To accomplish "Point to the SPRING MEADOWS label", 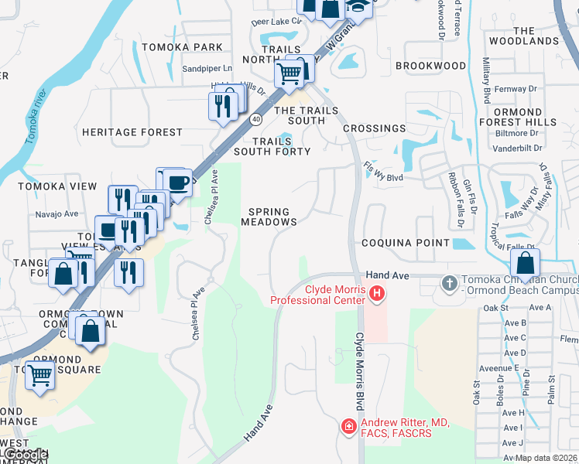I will (269, 217).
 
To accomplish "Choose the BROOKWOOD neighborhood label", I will (430, 67).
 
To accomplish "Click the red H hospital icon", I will (376, 292).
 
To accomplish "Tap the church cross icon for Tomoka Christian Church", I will (448, 283).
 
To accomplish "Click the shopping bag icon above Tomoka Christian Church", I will (526, 263).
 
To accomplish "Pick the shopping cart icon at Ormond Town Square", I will (40, 376).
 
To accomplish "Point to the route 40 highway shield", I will (255, 118).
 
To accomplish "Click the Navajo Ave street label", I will (57, 214).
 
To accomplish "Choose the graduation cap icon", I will (357, 6).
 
